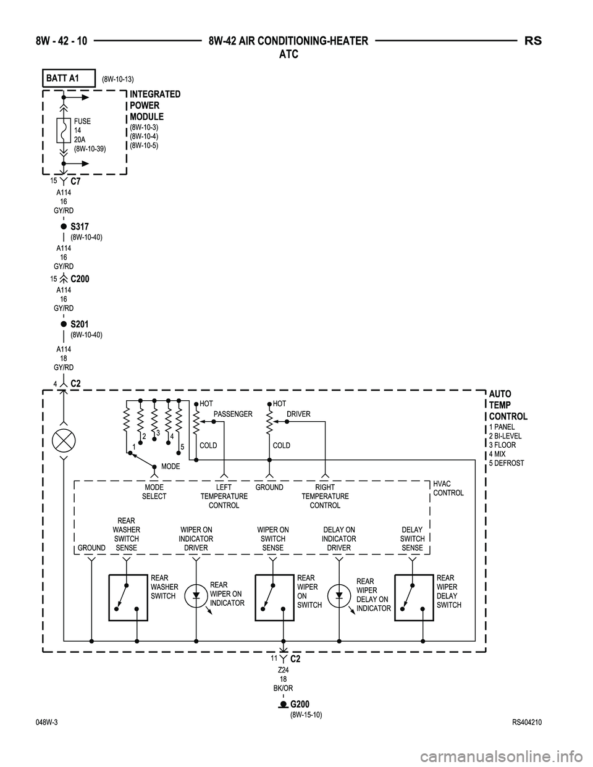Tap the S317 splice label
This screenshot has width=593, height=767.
pyautogui.click(x=80, y=227)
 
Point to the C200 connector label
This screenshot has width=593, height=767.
pyautogui.click(x=80, y=279)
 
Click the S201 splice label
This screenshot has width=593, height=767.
pyautogui.click(x=80, y=324)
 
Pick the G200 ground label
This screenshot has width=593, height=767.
pyautogui.click(x=300, y=705)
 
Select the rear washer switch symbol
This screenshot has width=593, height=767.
pyautogui.click(x=128, y=597)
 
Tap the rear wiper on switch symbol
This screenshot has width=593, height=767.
pyautogui.click(x=274, y=597)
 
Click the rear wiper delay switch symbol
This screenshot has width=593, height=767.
pyautogui.click(x=414, y=597)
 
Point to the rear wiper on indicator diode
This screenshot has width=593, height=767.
pyautogui.click(x=196, y=596)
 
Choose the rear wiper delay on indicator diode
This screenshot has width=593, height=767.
pyautogui.click(x=339, y=596)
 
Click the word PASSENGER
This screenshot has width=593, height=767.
pyautogui.click(x=233, y=414)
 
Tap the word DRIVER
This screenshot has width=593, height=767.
pyautogui.click(x=298, y=414)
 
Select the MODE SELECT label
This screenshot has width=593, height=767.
pyautogui.click(x=154, y=492)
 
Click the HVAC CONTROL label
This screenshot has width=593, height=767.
pyautogui.click(x=448, y=488)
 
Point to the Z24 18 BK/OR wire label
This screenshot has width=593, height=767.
pyautogui.click(x=284, y=678)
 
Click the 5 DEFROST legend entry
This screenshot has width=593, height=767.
pyautogui.click(x=507, y=463)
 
